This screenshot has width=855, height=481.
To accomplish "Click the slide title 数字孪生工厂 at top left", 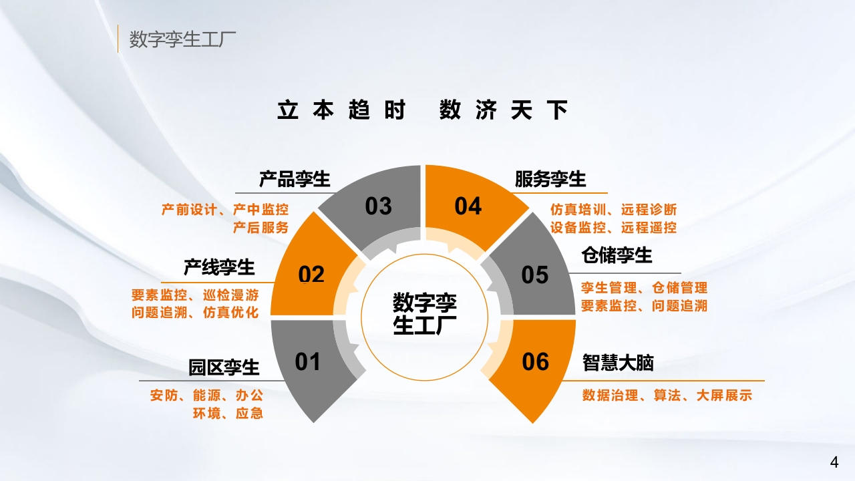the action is click(x=182, y=39).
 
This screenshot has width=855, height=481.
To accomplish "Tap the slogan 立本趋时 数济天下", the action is click(x=423, y=110).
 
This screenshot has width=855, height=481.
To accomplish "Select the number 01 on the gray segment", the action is click(x=307, y=361).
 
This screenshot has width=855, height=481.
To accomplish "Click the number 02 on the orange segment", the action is click(x=311, y=274).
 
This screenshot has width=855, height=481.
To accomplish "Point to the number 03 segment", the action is click(x=378, y=206).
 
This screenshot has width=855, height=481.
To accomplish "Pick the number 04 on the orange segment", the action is click(x=468, y=206).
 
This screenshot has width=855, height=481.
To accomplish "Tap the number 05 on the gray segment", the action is click(x=535, y=275).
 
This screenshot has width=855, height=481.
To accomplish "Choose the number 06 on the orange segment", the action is click(x=535, y=361).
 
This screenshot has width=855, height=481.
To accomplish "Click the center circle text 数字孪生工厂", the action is click(x=424, y=314).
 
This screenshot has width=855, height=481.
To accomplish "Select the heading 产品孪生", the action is click(x=295, y=178).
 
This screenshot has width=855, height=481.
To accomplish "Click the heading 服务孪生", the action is click(x=550, y=178).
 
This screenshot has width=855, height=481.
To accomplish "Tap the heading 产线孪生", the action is click(x=219, y=267).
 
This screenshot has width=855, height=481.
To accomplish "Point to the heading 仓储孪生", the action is click(x=617, y=255).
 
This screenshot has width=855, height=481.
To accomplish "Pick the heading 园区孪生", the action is click(x=224, y=367).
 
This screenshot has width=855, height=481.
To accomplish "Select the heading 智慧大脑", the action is click(x=618, y=362).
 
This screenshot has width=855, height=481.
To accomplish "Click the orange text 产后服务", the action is click(x=261, y=228).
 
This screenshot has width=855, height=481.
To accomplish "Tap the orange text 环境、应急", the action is click(x=228, y=413).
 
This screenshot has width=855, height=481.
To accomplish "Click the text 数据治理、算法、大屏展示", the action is click(x=667, y=395).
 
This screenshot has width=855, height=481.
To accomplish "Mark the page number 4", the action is click(x=834, y=462).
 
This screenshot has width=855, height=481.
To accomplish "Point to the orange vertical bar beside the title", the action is click(x=118, y=39).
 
